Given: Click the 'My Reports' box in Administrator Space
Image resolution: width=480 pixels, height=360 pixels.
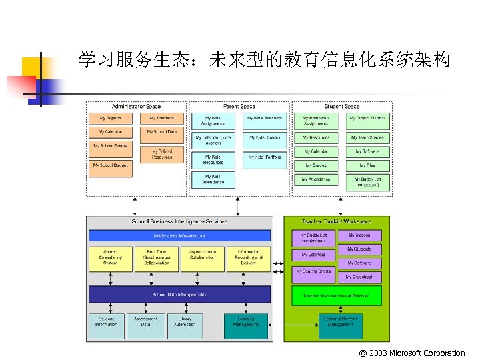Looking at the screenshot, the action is coord(111,118).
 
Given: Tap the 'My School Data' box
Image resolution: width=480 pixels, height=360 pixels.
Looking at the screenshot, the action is coord(162,132).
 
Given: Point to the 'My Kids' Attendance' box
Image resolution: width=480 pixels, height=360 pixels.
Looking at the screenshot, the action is coord(213,179).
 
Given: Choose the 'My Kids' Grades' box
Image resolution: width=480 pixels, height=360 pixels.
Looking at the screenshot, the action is coord(265,137).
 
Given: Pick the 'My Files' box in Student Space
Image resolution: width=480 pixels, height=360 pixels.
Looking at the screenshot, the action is coord(367,165).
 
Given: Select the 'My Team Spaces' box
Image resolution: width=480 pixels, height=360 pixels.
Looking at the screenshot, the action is coord(367,137).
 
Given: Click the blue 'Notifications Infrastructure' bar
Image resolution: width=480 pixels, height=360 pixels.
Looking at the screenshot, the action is coord(179,236).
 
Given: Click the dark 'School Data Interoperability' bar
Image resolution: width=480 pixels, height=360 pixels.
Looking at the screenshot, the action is coord(179,294).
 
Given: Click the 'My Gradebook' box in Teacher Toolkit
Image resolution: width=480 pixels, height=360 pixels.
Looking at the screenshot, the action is coord(359,277).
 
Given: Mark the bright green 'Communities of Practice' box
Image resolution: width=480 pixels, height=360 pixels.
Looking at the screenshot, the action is coord(337,295).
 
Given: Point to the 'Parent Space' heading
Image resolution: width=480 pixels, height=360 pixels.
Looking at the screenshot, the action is coord(239,107).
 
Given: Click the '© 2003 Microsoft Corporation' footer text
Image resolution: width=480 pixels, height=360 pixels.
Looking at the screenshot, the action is coord(411,353).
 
